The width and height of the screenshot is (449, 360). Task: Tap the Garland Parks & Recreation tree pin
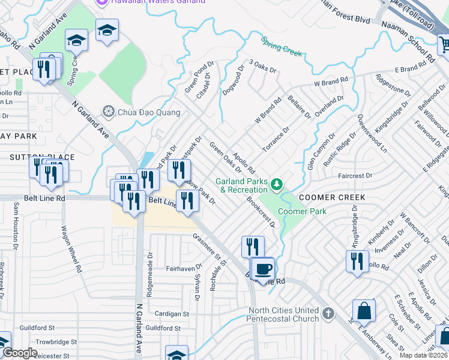[277, 184]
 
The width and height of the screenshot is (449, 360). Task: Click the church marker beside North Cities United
[328, 313]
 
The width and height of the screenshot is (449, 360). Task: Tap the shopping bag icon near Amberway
[364, 311]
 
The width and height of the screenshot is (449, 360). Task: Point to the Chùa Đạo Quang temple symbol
[109, 111]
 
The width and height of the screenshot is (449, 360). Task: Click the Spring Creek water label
[282, 46]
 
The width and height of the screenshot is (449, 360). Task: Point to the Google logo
[19, 353]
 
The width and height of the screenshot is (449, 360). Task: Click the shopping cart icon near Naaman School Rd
[444, 44]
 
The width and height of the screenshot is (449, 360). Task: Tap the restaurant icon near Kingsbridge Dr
[357, 261]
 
